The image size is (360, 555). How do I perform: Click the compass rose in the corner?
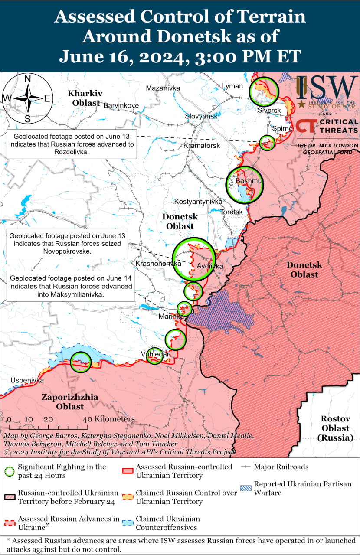pyautogui.click(x=27, y=98)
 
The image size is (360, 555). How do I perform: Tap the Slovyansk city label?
pyautogui.click(x=201, y=116)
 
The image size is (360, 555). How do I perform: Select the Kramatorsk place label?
pyautogui.click(x=202, y=145)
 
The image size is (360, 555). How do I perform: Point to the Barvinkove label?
pyautogui.click(x=121, y=105)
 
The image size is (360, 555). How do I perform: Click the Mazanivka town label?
pyautogui.click(x=163, y=88)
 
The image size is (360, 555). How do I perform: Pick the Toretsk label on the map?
pyautogui.click(x=231, y=212)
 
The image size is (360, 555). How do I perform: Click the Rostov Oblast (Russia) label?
pyautogui.click(x=335, y=428)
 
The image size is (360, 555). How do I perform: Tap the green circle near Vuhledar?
pyautogui.click(x=155, y=356)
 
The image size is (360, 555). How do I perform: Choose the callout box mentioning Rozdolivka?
pyautogui.click(x=72, y=144)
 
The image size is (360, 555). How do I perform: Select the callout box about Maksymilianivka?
pyautogui.click(x=71, y=286)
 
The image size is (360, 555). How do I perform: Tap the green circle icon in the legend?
pyautogui.click(x=10, y=471)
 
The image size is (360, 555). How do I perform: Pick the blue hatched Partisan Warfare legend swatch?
pyautogui.click(x=246, y=488)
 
